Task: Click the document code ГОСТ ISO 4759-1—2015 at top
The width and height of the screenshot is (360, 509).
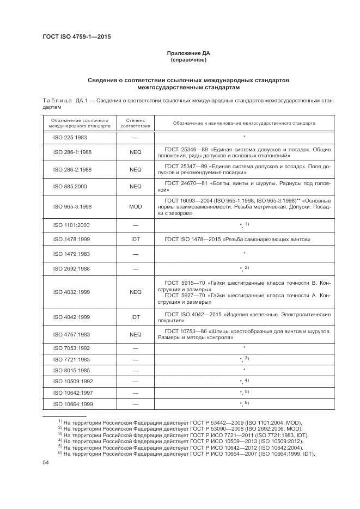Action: pyautogui.click(x=76, y=38)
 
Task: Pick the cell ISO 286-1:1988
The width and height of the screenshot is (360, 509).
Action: pyautogui.click(x=72, y=153)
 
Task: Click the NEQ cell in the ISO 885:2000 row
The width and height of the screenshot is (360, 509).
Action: pyautogui.click(x=135, y=187)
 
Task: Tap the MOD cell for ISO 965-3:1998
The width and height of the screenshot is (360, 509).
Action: pyautogui.click(x=135, y=207)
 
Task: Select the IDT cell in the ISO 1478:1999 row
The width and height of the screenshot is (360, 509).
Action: pyautogui.click(x=135, y=239)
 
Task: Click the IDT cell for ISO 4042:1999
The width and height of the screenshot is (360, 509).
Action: pyautogui.click(x=135, y=316)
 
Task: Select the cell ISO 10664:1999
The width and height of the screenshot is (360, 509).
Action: pyautogui.click(x=72, y=404)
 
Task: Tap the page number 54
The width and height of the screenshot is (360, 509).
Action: pyautogui.click(x=46, y=463)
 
